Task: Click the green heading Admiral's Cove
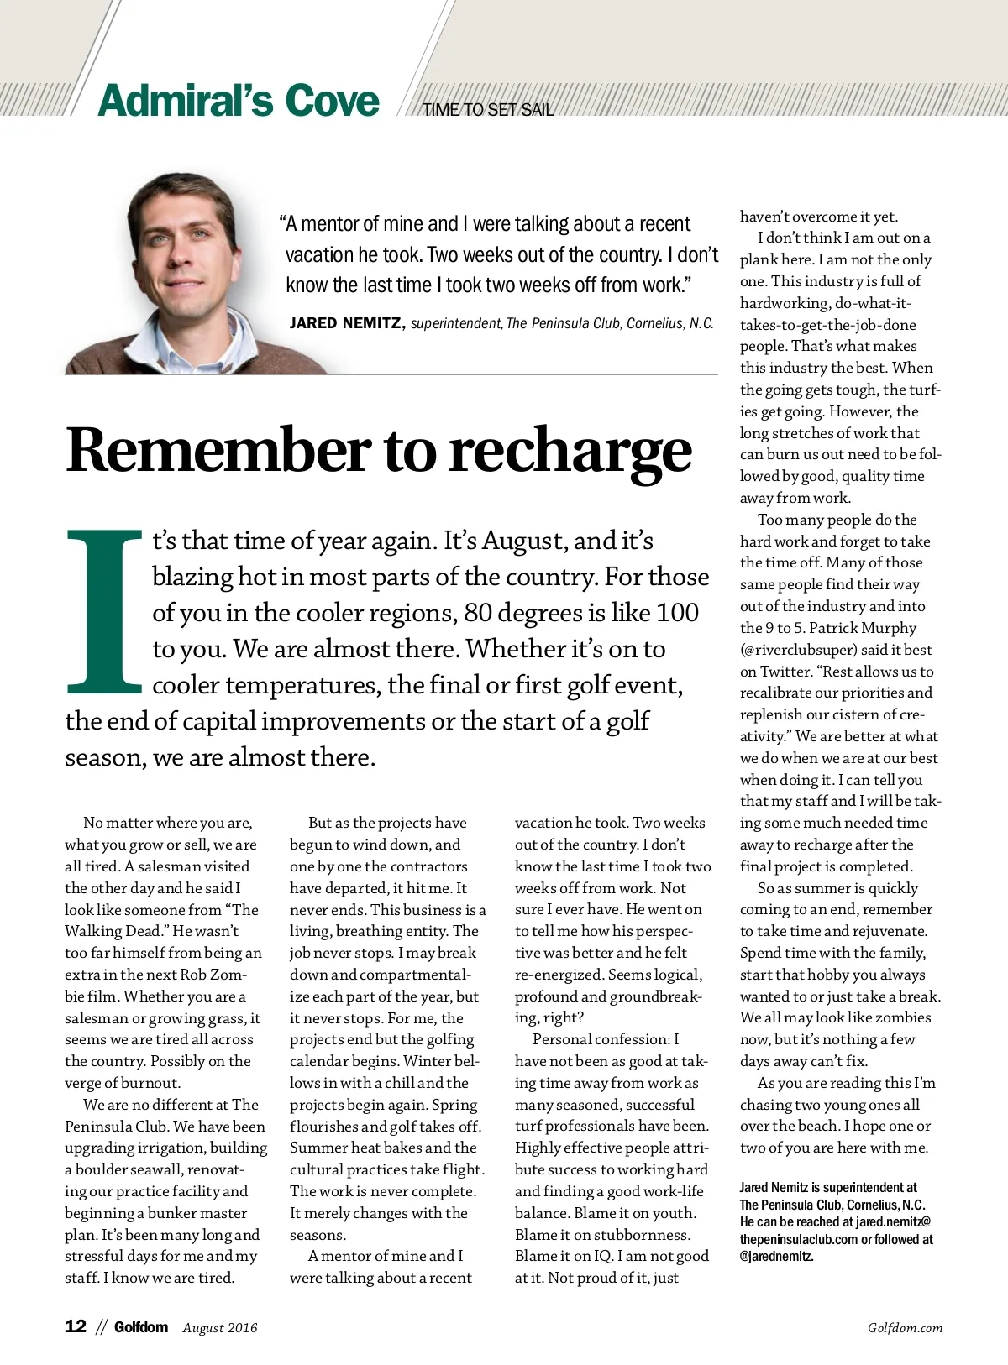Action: [x=239, y=101]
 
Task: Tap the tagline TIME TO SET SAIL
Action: [x=488, y=110]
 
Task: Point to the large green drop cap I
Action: [x=104, y=610]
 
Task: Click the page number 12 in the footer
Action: [x=76, y=1326]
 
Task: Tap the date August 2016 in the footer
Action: [x=220, y=1327]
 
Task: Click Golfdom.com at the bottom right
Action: [x=905, y=1327]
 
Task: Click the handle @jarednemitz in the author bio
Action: [x=777, y=1257]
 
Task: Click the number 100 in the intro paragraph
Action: [x=676, y=613]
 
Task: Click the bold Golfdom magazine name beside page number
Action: [x=141, y=1327]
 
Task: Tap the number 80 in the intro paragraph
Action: [x=478, y=613]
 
